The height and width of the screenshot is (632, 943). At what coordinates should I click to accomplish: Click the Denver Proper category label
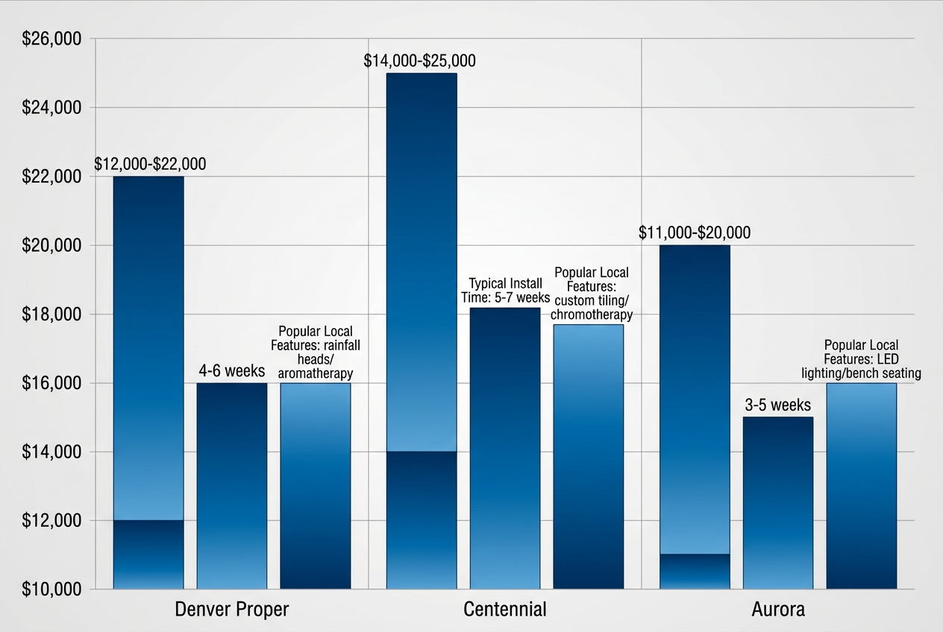(231, 609)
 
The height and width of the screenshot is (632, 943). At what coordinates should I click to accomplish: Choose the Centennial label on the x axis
(505, 609)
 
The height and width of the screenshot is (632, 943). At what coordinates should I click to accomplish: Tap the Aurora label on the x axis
(778, 609)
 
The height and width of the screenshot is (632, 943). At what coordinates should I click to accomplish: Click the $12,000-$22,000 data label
(150, 164)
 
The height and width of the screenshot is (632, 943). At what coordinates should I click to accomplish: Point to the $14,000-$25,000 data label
(419, 61)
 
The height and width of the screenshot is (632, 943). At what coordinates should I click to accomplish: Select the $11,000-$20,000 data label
(695, 233)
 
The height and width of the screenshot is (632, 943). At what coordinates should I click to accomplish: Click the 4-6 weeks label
(232, 370)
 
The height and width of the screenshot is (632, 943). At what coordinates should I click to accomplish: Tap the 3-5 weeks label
(777, 405)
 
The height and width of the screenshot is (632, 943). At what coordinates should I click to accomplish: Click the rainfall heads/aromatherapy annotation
(316, 352)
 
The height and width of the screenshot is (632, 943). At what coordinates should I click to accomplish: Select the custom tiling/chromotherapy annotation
(592, 294)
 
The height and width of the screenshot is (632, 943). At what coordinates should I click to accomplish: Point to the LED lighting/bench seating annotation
(861, 359)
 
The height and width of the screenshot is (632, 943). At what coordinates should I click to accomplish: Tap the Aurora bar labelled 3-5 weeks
(778, 503)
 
